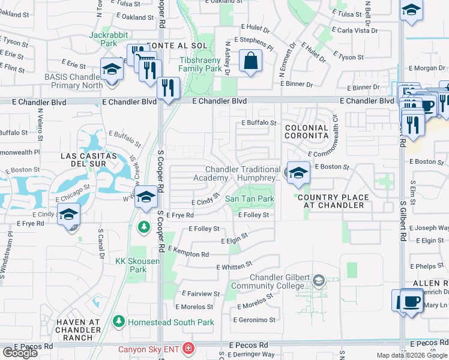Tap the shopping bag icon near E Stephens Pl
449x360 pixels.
pyautogui.click(x=250, y=61)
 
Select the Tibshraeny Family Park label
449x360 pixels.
pyautogui.click(x=200, y=64)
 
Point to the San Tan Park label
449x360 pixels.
pyautogui.click(x=249, y=199)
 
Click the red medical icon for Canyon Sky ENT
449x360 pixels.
pyautogui.click(x=188, y=349)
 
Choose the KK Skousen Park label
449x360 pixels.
pyautogui.click(x=131, y=265)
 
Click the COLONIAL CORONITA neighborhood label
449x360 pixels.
pyautogui.click(x=307, y=132)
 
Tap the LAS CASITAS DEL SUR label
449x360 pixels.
pyautogui.click(x=84, y=160)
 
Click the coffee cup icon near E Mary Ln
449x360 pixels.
pyautogui.click(x=411, y=301)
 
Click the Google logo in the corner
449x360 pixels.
pyautogui.click(x=20, y=353)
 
